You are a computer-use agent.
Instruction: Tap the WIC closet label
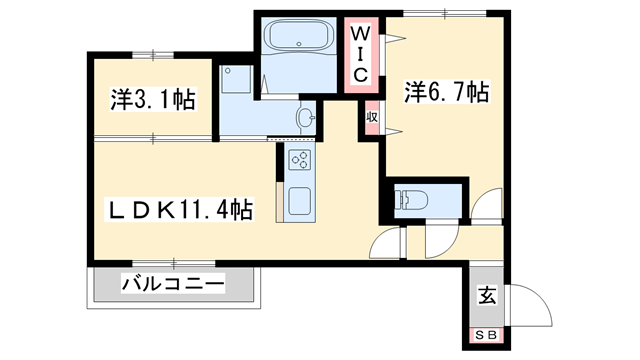click(361, 54)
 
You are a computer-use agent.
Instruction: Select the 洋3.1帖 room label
click(152, 99)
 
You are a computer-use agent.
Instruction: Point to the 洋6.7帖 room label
click(447, 93)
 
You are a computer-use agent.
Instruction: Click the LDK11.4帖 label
click(180, 210)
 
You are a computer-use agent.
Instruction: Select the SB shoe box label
click(487, 334)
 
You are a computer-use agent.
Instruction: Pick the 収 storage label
click(371, 116)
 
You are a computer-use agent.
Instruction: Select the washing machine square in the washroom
click(236, 79)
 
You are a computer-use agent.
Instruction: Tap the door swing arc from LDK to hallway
click(387, 242)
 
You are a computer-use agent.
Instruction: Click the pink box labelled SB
click(487, 334)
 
